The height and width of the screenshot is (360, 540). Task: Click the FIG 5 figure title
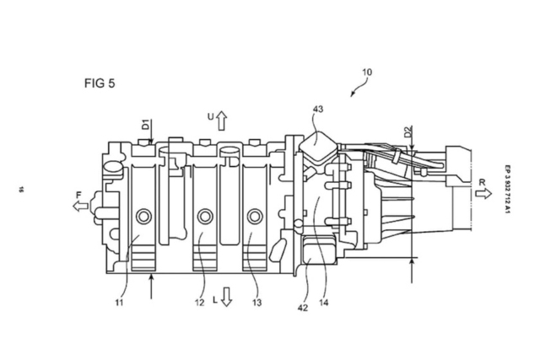click(100, 84)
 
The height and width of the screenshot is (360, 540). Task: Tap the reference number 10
click(365, 73)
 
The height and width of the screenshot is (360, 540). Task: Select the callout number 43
click(317, 110)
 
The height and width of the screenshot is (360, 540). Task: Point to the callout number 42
click(303, 307)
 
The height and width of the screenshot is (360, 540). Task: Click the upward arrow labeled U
click(222, 121)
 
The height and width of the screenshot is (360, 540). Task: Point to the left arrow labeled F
click(81, 207)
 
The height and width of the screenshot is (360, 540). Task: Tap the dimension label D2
click(408, 132)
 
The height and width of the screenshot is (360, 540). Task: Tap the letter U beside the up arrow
click(210, 116)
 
